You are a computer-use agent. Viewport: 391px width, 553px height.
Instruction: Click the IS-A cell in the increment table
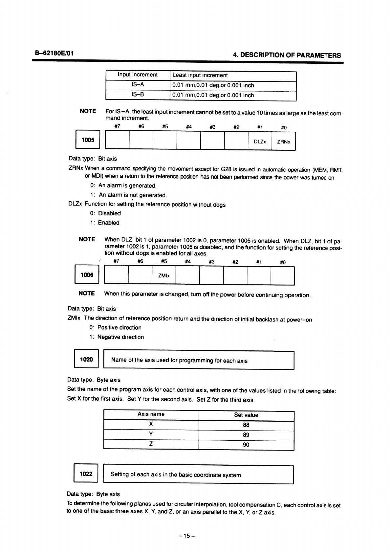(138, 85)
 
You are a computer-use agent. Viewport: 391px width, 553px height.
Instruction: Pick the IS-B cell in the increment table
(138, 95)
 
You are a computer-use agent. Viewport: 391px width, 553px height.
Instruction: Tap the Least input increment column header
(200, 75)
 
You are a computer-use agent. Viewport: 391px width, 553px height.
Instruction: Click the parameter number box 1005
(88, 140)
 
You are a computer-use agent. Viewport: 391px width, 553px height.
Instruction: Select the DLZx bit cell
(260, 142)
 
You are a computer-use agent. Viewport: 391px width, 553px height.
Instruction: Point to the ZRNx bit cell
(284, 142)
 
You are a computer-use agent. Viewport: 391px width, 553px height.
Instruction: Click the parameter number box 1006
(87, 275)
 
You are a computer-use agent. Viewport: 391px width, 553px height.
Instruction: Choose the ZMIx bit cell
(164, 276)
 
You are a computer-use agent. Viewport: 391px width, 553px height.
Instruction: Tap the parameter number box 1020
(86, 359)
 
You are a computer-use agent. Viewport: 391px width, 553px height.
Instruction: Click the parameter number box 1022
(86, 474)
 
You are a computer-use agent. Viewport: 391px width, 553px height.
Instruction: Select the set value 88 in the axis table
(246, 425)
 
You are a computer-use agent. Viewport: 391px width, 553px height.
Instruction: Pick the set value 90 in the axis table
(246, 445)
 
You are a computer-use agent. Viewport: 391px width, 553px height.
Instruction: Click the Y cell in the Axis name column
(151, 434)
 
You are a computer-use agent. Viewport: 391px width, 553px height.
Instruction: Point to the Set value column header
(246, 415)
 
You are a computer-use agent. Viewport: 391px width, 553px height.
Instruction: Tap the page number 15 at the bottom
(186, 536)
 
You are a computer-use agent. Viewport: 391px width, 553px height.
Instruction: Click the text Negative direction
(120, 337)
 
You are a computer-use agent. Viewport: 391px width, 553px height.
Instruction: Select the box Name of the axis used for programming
(198, 360)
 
